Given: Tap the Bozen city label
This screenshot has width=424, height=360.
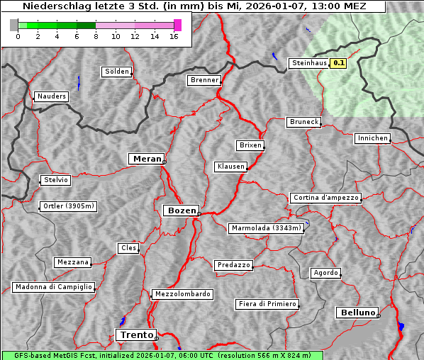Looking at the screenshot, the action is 181,210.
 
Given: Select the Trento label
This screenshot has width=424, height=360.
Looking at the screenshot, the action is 135,334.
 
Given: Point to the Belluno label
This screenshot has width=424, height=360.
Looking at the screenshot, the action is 357,312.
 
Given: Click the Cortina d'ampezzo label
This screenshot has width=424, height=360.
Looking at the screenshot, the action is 325,198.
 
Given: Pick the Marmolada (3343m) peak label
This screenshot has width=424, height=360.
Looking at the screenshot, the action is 267,228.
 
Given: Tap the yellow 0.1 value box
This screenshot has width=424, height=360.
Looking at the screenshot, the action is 339,63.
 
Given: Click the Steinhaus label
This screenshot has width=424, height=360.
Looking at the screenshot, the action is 309,63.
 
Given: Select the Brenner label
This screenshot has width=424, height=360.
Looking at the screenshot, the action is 205,80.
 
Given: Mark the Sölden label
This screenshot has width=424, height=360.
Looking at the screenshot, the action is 117,72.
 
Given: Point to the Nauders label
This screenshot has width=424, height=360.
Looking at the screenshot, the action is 52,96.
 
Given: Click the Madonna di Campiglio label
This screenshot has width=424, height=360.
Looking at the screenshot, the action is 53,287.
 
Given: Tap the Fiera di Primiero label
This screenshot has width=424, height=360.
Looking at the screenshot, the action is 267,304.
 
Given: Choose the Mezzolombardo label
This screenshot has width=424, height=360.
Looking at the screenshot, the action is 182,294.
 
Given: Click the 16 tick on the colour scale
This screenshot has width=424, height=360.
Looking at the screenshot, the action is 174,36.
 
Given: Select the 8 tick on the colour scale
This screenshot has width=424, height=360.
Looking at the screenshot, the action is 96,36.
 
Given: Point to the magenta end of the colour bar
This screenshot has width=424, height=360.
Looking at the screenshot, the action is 177,25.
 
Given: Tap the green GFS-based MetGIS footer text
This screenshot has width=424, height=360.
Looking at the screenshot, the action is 162,355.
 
